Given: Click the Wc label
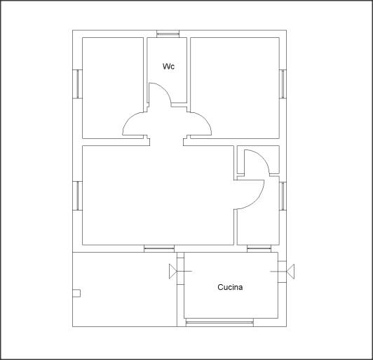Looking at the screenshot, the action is click(168, 66).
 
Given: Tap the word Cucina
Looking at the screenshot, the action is click(230, 287).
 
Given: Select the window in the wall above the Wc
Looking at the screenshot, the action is click(168, 34).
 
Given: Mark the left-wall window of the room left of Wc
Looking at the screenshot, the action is click(78, 84).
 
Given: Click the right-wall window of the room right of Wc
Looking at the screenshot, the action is click(283, 84).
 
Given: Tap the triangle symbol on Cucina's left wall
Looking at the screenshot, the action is click(173, 271).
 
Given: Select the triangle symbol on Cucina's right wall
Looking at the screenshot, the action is click(290, 272).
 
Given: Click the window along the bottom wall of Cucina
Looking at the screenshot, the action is click(219, 323).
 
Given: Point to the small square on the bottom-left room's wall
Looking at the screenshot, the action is click(76, 293).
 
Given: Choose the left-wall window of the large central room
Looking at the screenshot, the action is click(78, 196).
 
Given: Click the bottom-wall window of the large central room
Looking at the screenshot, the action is click(159, 249).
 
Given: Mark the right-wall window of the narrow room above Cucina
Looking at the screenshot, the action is click(283, 196).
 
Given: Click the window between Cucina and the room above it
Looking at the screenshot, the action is click(259, 249).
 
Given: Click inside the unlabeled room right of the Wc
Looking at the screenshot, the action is click(235, 88).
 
